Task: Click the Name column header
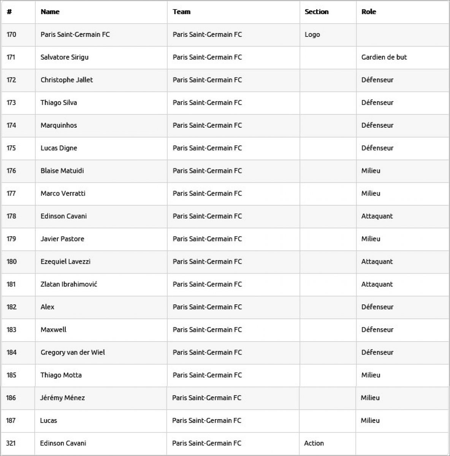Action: (50, 12)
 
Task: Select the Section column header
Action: (316, 12)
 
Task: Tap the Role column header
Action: (368, 12)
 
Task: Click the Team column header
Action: (181, 12)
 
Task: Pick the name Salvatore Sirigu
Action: (65, 57)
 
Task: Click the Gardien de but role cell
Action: (384, 57)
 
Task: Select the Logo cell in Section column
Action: (312, 35)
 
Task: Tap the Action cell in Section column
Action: (314, 443)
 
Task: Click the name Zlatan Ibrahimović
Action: (69, 284)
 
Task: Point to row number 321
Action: (11, 443)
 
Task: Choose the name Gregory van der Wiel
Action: (73, 352)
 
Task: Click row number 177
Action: (11, 193)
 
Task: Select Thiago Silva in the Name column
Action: (59, 103)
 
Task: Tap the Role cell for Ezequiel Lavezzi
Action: (377, 261)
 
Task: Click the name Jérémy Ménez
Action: (62, 398)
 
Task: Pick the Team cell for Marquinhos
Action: (207, 125)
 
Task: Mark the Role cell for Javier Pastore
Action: (371, 239)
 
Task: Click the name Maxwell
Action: (53, 329)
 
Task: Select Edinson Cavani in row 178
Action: (63, 216)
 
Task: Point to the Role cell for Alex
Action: (377, 307)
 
